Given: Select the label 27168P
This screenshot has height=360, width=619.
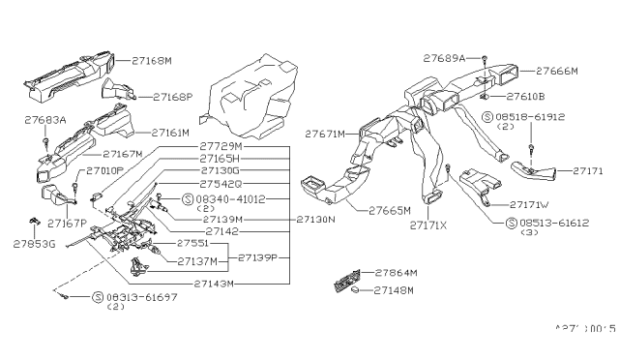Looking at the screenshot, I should pos(173,97).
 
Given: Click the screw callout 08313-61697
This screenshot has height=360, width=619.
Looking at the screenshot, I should pos(134,297).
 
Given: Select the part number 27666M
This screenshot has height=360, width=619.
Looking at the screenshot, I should pos(558,72).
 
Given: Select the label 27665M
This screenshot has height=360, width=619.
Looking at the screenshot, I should pos(389,209).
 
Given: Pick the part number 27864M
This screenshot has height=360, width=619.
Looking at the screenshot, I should pos(396,274).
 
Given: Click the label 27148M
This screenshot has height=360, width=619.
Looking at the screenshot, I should pos(396,289).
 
